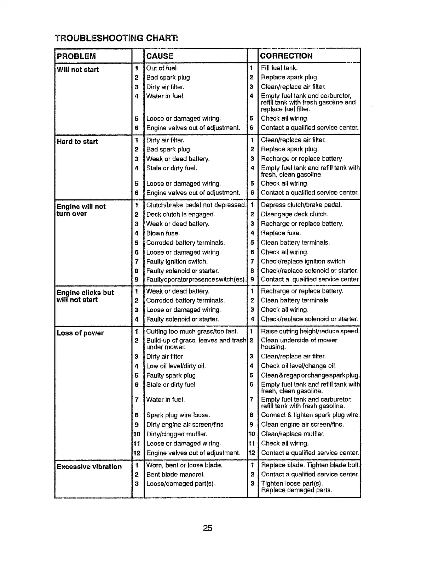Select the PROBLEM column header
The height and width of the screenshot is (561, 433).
76,56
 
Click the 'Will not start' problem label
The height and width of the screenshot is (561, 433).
78,69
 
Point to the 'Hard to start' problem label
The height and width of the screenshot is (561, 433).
77,142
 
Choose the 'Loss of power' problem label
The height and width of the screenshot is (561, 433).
80,333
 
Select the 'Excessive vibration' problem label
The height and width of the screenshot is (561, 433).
89,466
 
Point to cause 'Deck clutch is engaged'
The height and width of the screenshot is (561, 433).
180,214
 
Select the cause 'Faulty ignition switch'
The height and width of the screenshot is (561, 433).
177,262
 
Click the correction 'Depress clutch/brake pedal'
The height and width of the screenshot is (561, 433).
301,205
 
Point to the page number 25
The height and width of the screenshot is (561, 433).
208,528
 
